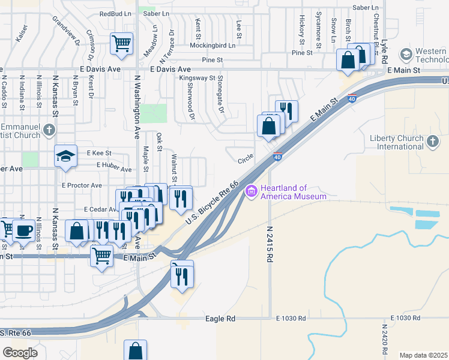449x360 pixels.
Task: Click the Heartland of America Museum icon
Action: pos(251,191)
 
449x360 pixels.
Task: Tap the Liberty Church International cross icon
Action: pos(432,142)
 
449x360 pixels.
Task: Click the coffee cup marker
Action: pos(24,230)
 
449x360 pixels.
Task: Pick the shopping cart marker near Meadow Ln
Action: pos(121,44)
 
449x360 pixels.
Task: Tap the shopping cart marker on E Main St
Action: pos(101,256)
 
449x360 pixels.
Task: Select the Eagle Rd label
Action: pos(220,319)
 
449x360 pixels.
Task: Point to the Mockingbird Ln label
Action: pos(212,45)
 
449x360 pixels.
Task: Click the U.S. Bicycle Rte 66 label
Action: pos(212,204)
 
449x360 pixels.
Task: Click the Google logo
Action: pos(20,353)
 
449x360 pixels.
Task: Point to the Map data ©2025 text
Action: pos(423,355)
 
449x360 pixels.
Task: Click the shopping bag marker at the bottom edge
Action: pos(135,350)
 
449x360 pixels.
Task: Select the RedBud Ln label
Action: pos(115,13)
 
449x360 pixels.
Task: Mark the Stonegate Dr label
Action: pos(220,95)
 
